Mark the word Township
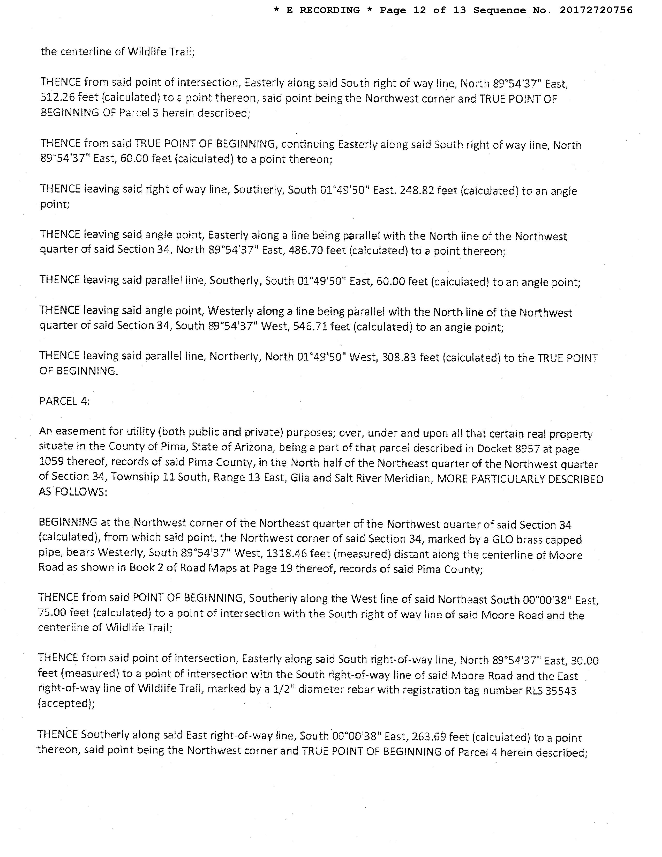[x=135, y=477]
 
